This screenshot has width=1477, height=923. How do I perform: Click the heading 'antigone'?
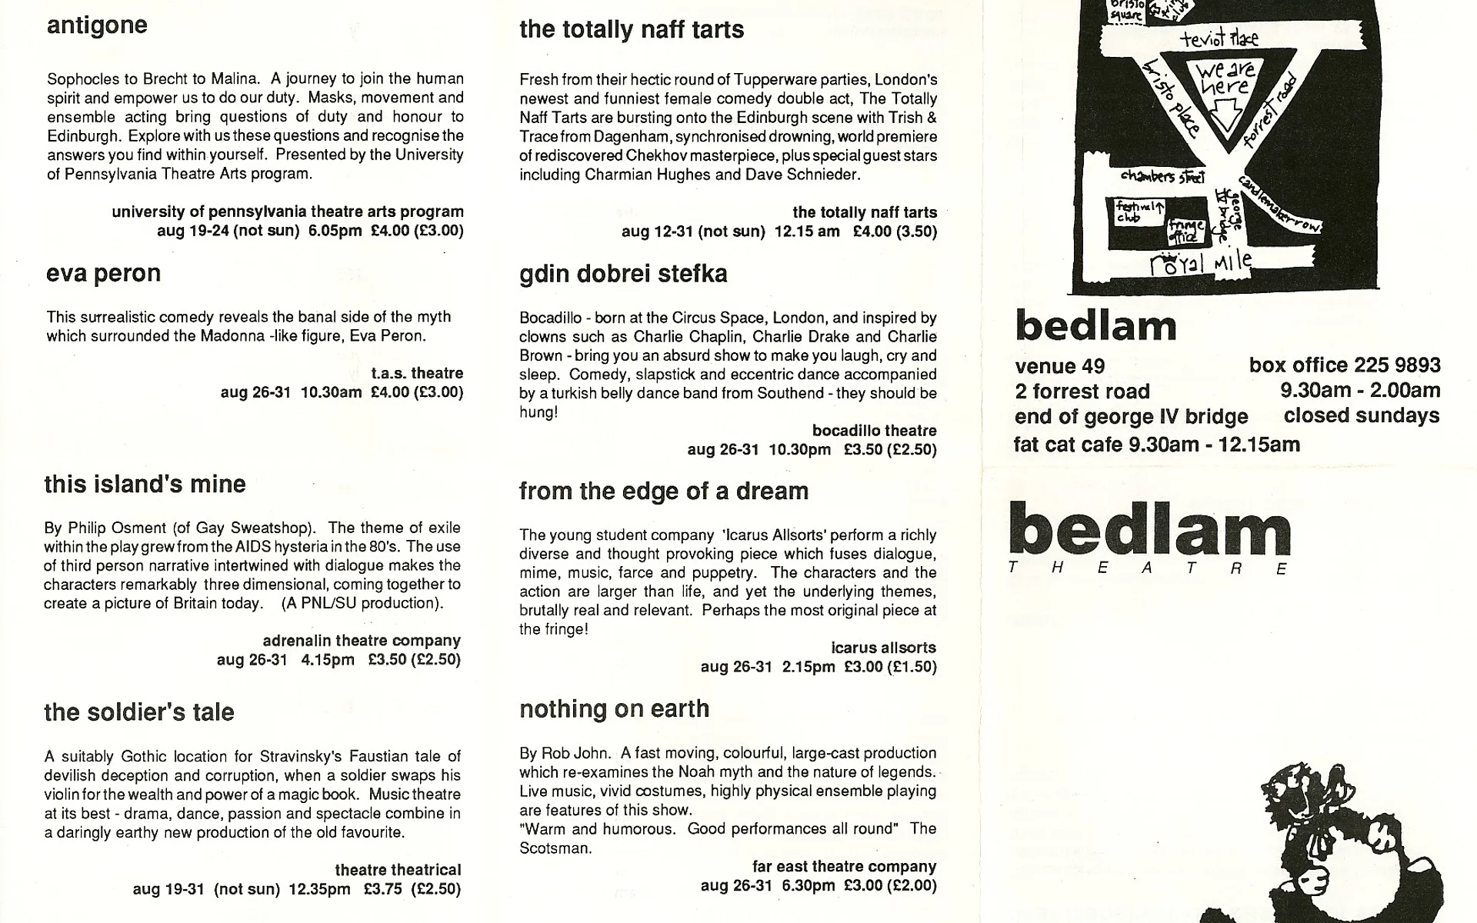[97, 25]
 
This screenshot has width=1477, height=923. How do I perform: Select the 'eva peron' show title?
[103, 274]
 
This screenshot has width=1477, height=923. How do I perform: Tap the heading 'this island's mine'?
[145, 484]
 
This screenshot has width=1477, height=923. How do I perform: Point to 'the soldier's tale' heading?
[138, 712]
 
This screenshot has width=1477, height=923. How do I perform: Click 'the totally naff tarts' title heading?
[631, 30]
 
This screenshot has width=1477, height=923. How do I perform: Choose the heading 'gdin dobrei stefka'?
[623, 275]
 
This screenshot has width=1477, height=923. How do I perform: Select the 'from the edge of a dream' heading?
[663, 491]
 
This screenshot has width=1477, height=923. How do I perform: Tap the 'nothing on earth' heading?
[614, 709]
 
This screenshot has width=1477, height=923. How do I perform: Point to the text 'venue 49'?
[1059, 366]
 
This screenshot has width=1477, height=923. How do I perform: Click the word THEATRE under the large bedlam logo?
[1148, 569]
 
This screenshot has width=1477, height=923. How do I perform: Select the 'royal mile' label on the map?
[1200, 264]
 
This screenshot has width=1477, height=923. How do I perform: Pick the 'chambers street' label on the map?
[1162, 176]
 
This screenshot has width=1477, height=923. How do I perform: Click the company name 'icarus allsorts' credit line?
[883, 648]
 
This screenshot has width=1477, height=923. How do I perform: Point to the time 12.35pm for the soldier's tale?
[319, 889]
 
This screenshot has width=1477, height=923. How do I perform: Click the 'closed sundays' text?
[1361, 416]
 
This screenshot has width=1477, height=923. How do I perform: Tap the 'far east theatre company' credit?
[844, 867]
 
